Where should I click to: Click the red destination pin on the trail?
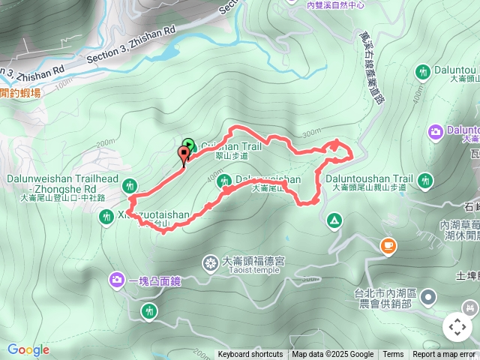[184, 154]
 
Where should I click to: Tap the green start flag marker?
[188, 145]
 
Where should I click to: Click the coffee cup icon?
[388, 245]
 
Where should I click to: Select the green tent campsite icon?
[332, 220]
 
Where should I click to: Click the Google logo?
[28, 349]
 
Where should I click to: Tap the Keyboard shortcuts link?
[250, 355]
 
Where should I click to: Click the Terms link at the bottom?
[393, 355]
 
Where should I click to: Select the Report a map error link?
[445, 355]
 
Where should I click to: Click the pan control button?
[457, 327]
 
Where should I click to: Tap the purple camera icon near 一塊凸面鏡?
[117, 280]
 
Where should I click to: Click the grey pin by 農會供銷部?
[428, 298]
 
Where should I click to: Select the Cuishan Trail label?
[233, 147]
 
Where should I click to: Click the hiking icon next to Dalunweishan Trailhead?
[131, 184]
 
